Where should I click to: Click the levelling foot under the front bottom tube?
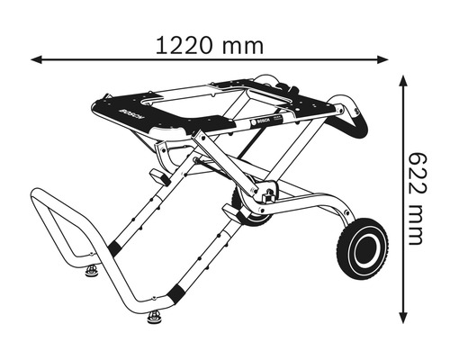155,318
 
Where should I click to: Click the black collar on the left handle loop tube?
115,247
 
